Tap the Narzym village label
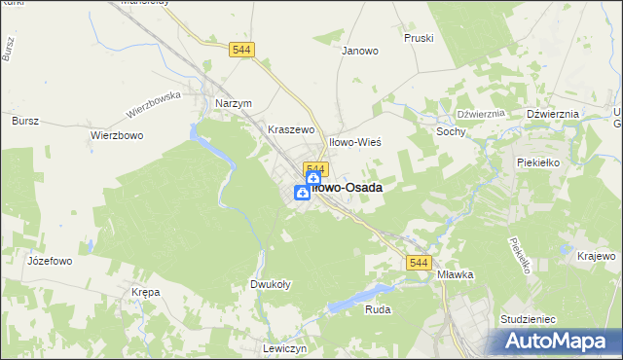(x=233, y=104)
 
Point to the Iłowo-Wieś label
(x=355, y=142)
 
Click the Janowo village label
(x=359, y=52)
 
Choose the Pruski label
(x=418, y=38)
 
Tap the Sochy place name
(x=451, y=131)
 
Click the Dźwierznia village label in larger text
(x=552, y=114)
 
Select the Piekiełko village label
(x=538, y=162)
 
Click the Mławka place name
(x=455, y=274)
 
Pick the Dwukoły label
(x=267, y=285)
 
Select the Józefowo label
(x=24, y=262)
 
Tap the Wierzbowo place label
(x=117, y=136)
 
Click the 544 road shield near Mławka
(x=419, y=264)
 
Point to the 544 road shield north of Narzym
(x=242, y=50)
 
